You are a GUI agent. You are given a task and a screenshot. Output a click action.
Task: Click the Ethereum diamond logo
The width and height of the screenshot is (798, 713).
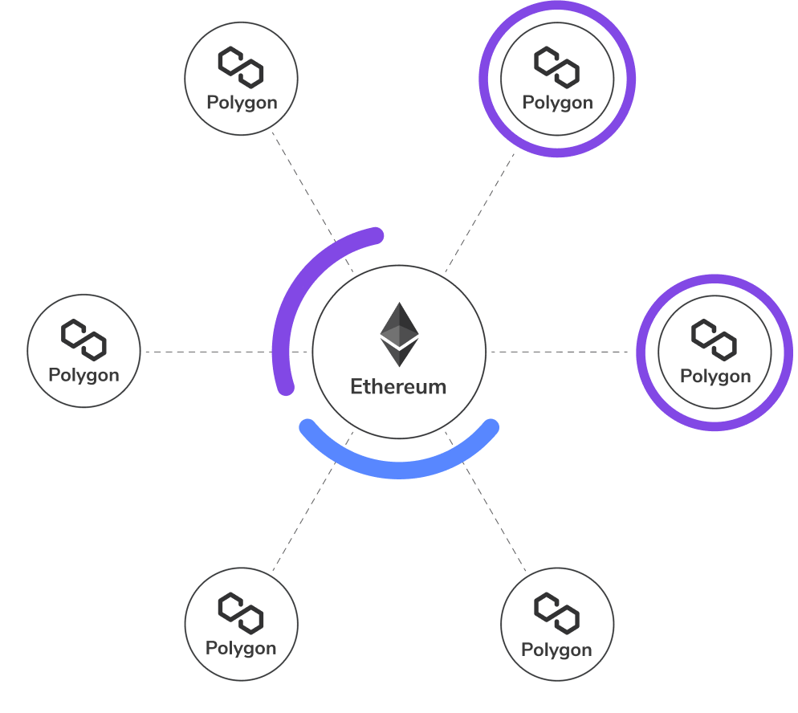(399, 334)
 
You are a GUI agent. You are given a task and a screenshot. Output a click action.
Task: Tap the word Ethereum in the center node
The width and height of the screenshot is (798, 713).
(398, 386)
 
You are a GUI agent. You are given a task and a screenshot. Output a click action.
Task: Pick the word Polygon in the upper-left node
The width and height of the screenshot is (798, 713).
(242, 103)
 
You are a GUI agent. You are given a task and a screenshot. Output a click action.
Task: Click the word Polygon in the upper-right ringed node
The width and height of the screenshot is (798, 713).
(557, 103)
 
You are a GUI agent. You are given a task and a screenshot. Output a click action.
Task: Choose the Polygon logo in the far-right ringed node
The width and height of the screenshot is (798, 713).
(715, 340)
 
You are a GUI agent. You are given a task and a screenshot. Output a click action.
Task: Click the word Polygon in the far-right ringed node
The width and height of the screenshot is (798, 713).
(715, 377)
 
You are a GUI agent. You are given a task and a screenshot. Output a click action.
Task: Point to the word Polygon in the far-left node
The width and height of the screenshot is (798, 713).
(83, 375)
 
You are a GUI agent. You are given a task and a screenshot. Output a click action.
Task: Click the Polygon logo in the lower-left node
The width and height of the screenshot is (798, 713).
(241, 613)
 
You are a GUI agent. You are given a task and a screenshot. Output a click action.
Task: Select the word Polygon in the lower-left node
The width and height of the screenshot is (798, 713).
(241, 648)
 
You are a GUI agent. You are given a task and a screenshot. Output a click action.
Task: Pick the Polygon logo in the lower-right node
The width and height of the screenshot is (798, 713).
(557, 613)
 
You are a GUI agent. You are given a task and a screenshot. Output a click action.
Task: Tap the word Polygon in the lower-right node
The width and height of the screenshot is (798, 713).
(556, 650)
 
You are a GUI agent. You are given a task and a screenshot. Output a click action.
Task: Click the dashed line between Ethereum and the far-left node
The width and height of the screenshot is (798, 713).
(209, 352)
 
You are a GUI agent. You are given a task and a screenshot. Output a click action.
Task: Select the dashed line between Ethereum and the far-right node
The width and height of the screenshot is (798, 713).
(562, 352)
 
